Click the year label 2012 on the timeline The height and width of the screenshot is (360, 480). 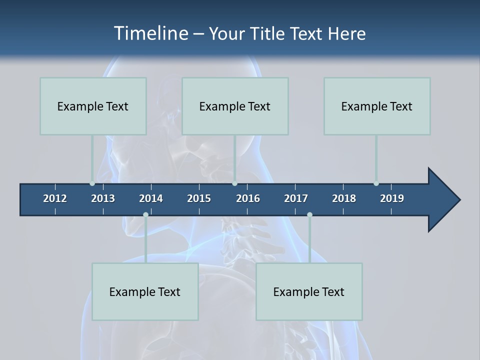[55, 198]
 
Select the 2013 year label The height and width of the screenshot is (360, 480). [103, 198]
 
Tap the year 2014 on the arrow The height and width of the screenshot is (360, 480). [151, 198]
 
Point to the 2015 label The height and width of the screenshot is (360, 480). [199, 198]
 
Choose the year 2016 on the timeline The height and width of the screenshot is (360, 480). [248, 198]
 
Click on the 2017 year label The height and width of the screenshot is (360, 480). [296, 198]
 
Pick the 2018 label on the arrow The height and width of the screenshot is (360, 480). [344, 198]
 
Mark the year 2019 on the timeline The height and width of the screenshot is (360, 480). [392, 198]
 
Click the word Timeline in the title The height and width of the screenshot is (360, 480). [150, 33]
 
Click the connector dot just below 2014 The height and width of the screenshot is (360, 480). [145, 215]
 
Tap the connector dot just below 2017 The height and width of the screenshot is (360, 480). [309, 215]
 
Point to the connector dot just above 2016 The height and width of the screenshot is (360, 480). [234, 183]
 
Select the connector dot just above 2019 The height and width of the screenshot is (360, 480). [376, 183]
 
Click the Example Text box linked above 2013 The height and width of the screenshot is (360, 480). [93, 106]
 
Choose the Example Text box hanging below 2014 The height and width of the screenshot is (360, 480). [145, 291]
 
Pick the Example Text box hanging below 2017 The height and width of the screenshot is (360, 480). [309, 291]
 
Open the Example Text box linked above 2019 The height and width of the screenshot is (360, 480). [377, 106]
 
